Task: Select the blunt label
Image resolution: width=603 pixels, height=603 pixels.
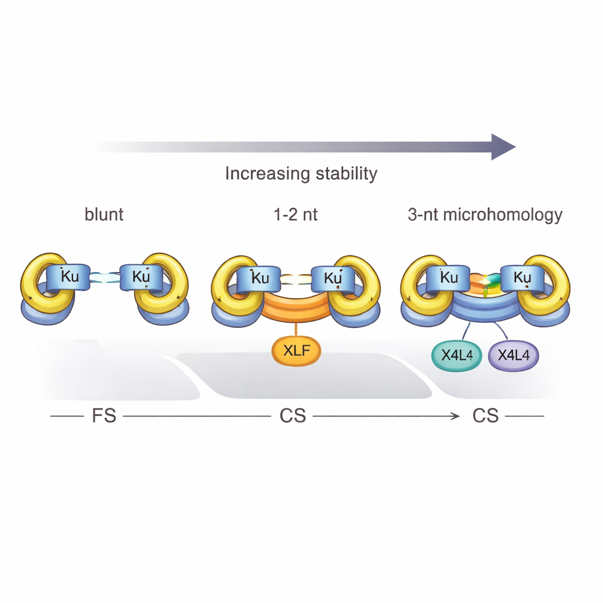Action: pos(104,214)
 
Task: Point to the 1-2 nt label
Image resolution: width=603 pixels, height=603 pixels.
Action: pos(296,214)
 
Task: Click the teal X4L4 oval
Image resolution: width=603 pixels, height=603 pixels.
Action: pos(457,354)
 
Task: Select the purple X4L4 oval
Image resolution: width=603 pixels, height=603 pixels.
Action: pos(513,354)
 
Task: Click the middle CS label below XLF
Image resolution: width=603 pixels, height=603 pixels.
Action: pos(293,416)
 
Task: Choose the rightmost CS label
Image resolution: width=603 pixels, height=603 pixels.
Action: pos(486,416)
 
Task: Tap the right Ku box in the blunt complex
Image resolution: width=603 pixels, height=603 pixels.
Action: pos(141,277)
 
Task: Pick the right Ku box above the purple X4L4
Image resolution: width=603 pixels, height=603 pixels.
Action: pos(521,277)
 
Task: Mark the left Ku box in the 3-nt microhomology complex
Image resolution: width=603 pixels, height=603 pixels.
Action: pos(448,277)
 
